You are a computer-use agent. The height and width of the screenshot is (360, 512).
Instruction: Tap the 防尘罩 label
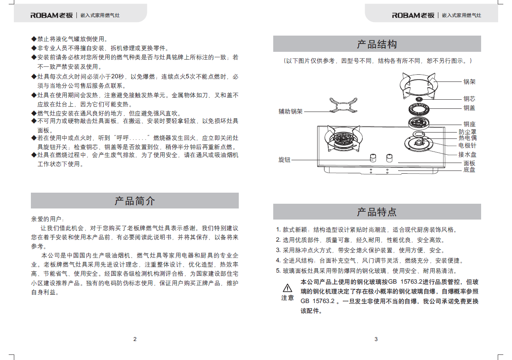(467, 132)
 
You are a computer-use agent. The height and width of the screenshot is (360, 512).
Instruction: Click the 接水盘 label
(467, 155)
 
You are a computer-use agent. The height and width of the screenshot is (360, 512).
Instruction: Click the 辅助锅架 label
(290, 112)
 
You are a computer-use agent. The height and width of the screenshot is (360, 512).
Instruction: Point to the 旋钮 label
(284, 160)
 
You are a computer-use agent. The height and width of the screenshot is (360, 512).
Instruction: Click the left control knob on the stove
(373, 158)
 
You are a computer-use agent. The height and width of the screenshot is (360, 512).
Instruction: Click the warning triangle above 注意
(287, 288)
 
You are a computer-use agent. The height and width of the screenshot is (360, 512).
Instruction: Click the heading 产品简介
(135, 201)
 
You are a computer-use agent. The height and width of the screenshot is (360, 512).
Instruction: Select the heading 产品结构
(377, 44)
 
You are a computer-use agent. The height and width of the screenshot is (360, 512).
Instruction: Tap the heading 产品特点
(377, 212)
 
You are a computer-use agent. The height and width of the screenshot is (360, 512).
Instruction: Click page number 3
(376, 339)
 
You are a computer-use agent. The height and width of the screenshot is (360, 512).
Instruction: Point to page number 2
(135, 339)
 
